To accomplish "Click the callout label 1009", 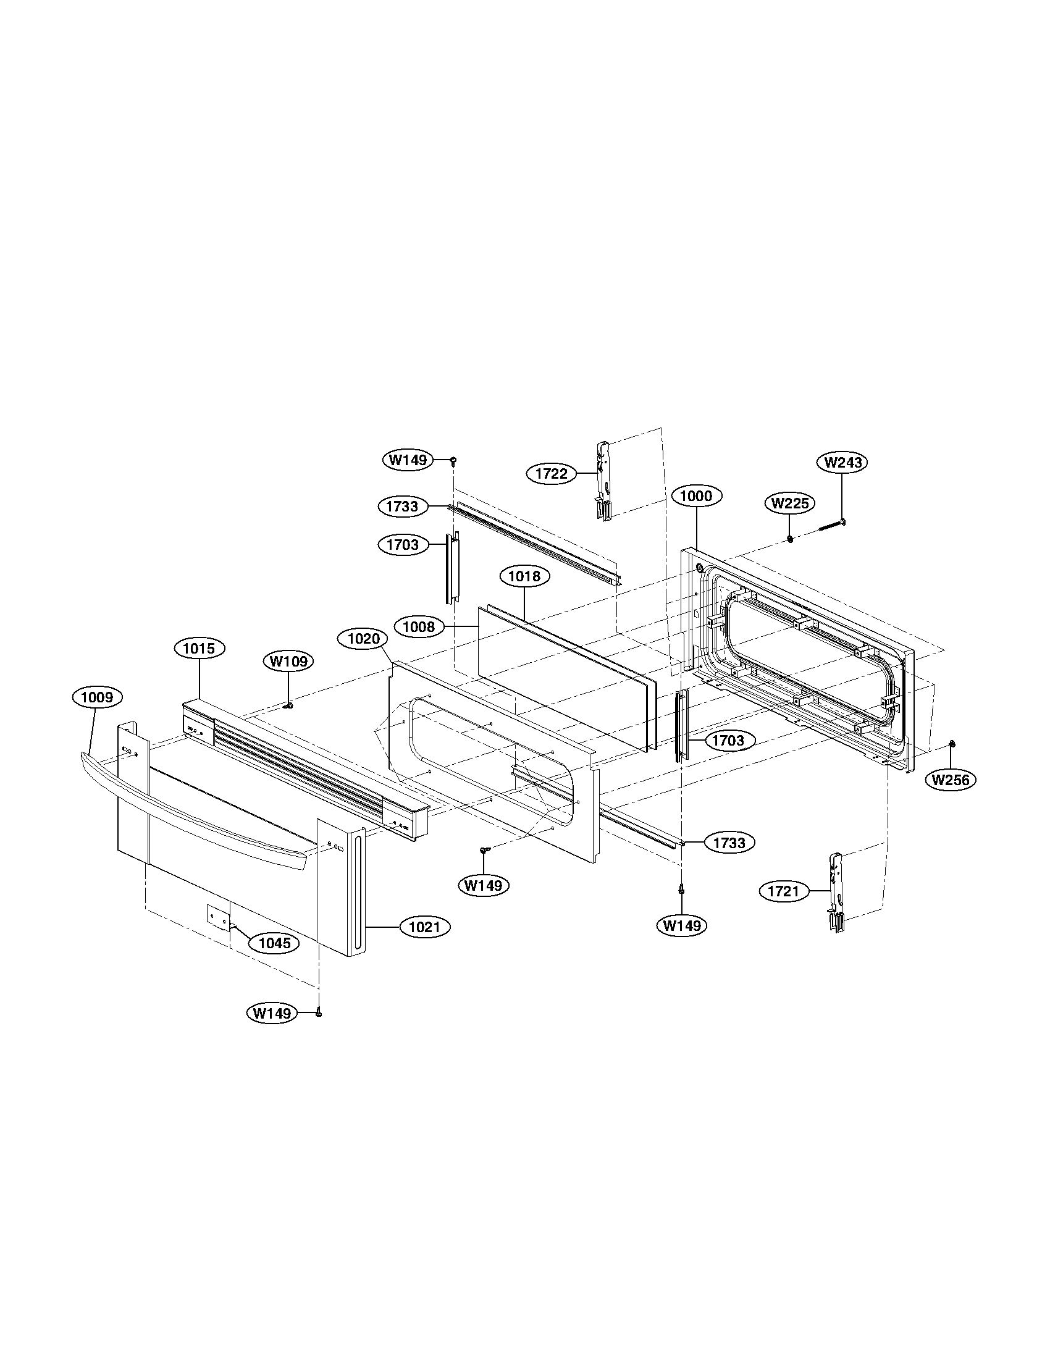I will tap(97, 697).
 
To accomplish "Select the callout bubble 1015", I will tap(199, 649).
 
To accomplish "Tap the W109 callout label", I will tap(288, 662).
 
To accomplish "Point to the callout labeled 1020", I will tap(363, 639).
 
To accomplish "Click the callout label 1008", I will tap(419, 626).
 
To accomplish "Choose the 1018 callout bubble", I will tap(524, 576).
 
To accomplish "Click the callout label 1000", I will tap(697, 496).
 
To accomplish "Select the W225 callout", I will tap(789, 503).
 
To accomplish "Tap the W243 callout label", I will tap(842, 462).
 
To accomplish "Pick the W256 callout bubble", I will tap(951, 779).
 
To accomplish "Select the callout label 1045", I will tap(274, 943).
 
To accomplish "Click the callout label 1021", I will tap(424, 927).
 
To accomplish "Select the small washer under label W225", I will tap(790, 538).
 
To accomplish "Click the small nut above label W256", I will tap(952, 744).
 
